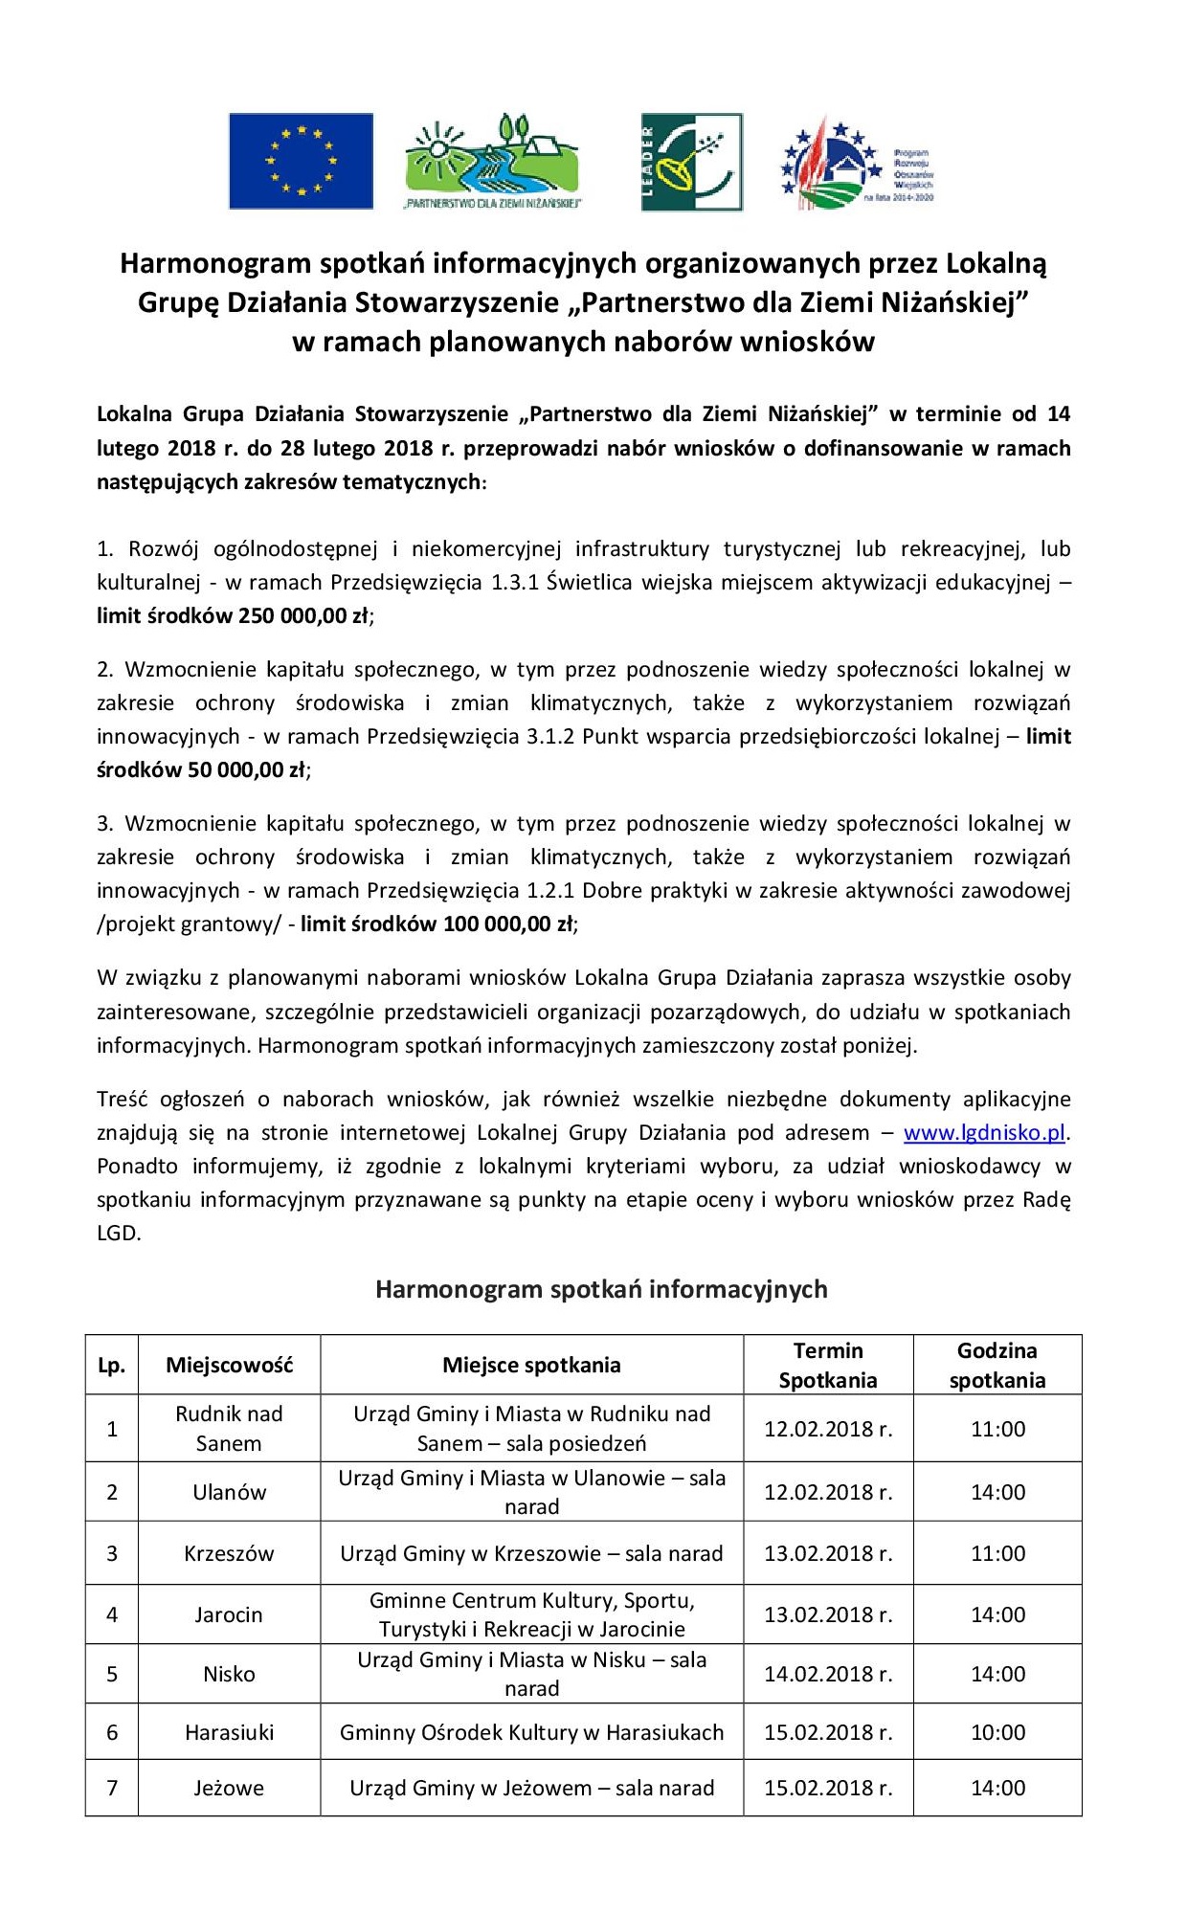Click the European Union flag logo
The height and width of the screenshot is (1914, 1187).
coord(301,161)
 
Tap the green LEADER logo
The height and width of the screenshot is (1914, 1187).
coord(691,162)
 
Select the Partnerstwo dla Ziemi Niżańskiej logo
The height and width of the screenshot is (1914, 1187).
coord(492,161)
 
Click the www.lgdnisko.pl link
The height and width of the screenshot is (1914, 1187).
coord(984,1132)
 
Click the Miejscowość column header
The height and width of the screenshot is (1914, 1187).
coord(229,1365)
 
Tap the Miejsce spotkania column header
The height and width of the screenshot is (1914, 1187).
coord(531,1365)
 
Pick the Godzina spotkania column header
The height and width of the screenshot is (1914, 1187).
coord(997,1365)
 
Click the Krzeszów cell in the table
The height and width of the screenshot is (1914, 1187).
coord(229,1552)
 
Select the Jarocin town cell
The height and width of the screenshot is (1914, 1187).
coord(229,1614)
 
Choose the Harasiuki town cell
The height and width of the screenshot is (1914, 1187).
coord(229,1732)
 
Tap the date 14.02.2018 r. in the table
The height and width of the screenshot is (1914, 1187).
coord(828,1674)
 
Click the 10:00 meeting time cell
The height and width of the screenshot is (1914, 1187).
coord(997,1732)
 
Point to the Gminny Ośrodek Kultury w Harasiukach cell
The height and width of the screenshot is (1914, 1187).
coord(531,1732)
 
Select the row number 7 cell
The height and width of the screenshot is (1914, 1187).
coord(112,1788)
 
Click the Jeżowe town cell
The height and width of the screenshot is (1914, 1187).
coord(229,1788)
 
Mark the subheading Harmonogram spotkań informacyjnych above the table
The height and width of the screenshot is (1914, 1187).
coord(601,1289)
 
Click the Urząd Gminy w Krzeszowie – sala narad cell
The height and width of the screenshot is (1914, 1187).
coord(531,1552)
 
